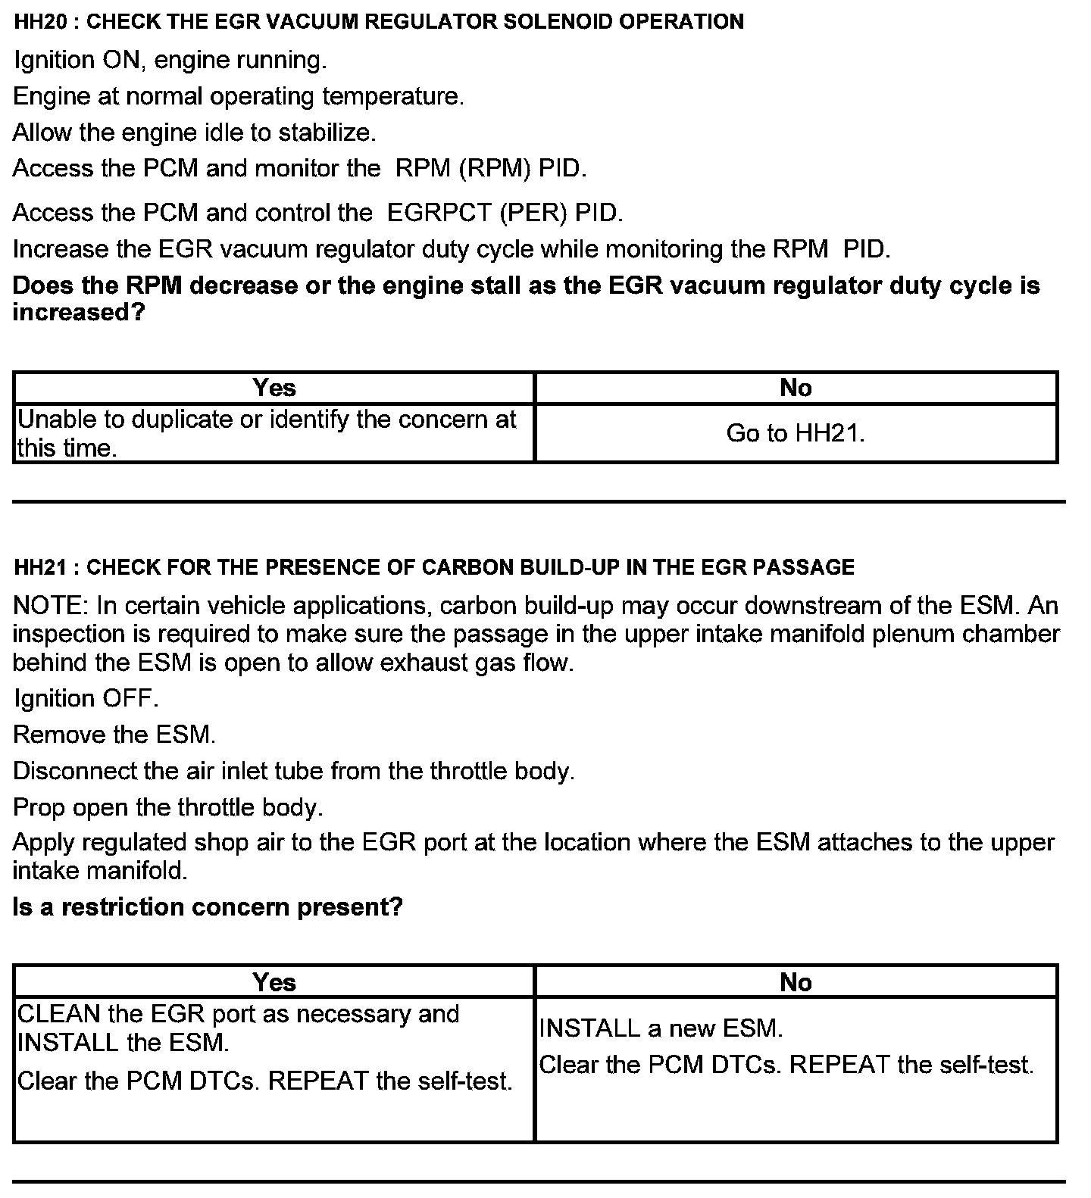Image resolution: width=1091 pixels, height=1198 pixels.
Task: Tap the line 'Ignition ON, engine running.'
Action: point(170,61)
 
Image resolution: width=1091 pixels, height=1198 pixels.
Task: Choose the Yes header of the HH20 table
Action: point(274,388)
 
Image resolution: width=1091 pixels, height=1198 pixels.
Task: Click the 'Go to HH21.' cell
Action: point(796,433)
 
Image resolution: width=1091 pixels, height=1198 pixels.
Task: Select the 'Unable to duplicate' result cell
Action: point(267,433)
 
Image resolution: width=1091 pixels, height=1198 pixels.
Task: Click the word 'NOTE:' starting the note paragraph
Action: point(51,607)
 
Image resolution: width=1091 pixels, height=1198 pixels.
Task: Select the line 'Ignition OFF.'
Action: point(86,698)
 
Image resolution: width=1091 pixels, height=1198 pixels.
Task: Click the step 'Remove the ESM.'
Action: point(114,735)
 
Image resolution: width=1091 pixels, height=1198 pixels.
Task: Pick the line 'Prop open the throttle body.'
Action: point(168,807)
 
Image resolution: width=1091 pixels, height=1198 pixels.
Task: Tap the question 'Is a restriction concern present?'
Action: point(208,907)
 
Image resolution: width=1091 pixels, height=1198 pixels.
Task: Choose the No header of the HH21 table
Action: point(796,982)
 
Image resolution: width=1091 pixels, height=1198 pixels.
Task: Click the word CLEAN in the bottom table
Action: point(59,1014)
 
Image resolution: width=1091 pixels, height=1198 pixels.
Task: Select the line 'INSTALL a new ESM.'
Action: point(661,1028)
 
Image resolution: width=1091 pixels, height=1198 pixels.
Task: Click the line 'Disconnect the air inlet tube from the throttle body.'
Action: point(294,771)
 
